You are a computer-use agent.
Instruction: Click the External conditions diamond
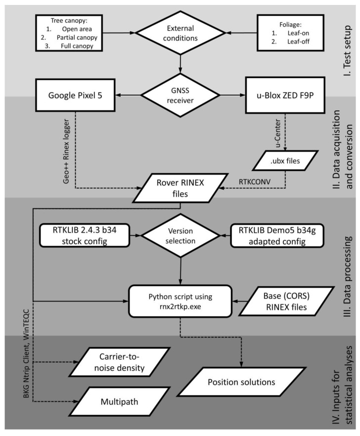(x=180, y=33)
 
